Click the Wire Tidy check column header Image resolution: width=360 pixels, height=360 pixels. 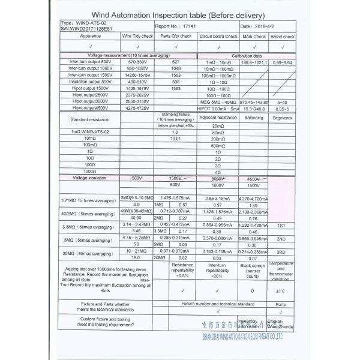(137, 36)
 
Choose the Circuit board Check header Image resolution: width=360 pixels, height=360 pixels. (218, 37)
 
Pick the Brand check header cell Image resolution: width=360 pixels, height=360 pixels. (283, 37)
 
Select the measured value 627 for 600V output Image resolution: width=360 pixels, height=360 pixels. (175, 62)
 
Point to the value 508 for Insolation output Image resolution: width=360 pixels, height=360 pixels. (175, 82)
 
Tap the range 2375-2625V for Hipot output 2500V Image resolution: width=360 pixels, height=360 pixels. (137, 95)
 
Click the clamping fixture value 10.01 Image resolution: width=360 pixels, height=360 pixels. (175, 139)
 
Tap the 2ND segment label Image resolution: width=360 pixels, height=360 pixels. (282, 238)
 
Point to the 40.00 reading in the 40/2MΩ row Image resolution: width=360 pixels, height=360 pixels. (136, 218)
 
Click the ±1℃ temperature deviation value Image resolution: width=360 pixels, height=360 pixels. (282, 291)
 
